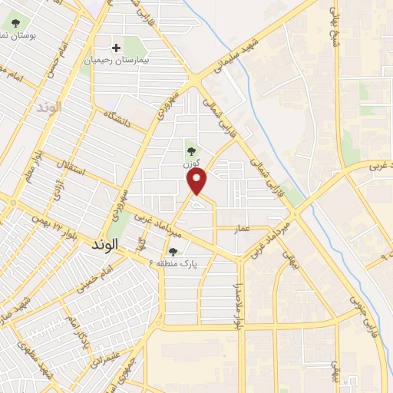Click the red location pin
(x=198, y=181)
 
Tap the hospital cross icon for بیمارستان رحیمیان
(x=116, y=48)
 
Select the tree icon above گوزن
(x=190, y=152)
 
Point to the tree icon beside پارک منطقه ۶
(x=173, y=251)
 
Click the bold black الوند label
(x=107, y=246)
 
